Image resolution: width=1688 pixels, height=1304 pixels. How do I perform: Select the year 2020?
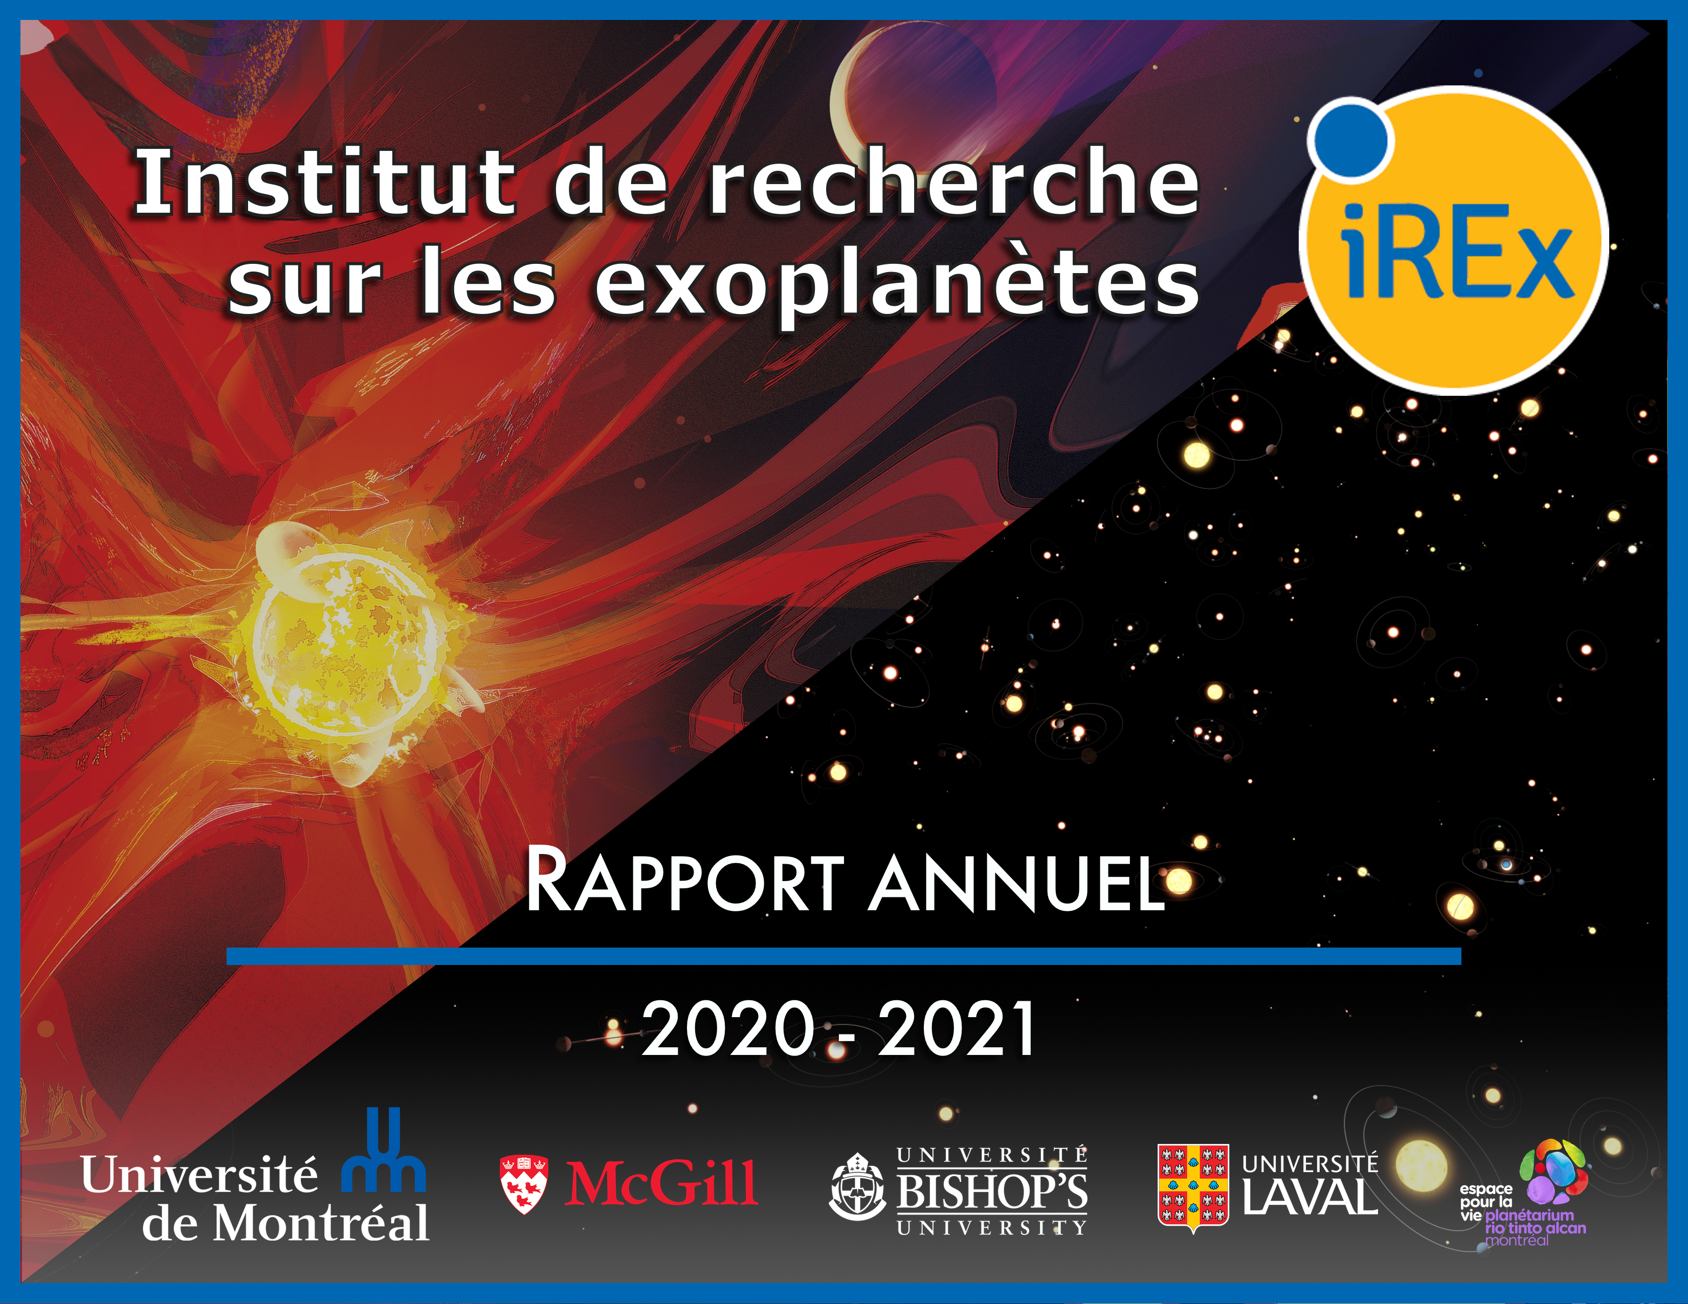tap(729, 1028)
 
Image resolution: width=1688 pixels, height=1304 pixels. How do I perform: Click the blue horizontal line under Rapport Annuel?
tap(844, 956)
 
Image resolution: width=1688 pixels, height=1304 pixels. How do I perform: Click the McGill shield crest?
tap(524, 1184)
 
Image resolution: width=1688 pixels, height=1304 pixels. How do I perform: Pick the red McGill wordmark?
tap(661, 1183)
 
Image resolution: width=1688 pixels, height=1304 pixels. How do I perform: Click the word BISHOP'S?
tap(992, 1191)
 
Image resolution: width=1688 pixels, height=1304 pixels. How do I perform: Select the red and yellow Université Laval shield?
tap(1192, 1187)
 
